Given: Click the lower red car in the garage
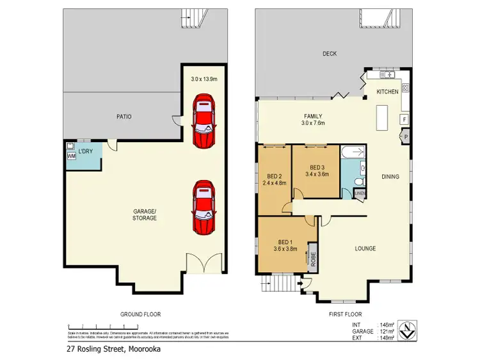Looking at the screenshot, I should (204, 207).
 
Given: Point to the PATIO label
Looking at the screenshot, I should (124, 117).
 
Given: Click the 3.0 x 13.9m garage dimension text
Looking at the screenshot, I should (204, 79).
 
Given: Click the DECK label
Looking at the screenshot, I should (329, 54).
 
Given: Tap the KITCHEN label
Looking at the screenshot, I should (387, 92).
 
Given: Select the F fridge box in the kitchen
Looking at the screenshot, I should (404, 119).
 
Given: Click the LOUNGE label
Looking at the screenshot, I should (365, 249).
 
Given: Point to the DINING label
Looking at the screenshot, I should (390, 177).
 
